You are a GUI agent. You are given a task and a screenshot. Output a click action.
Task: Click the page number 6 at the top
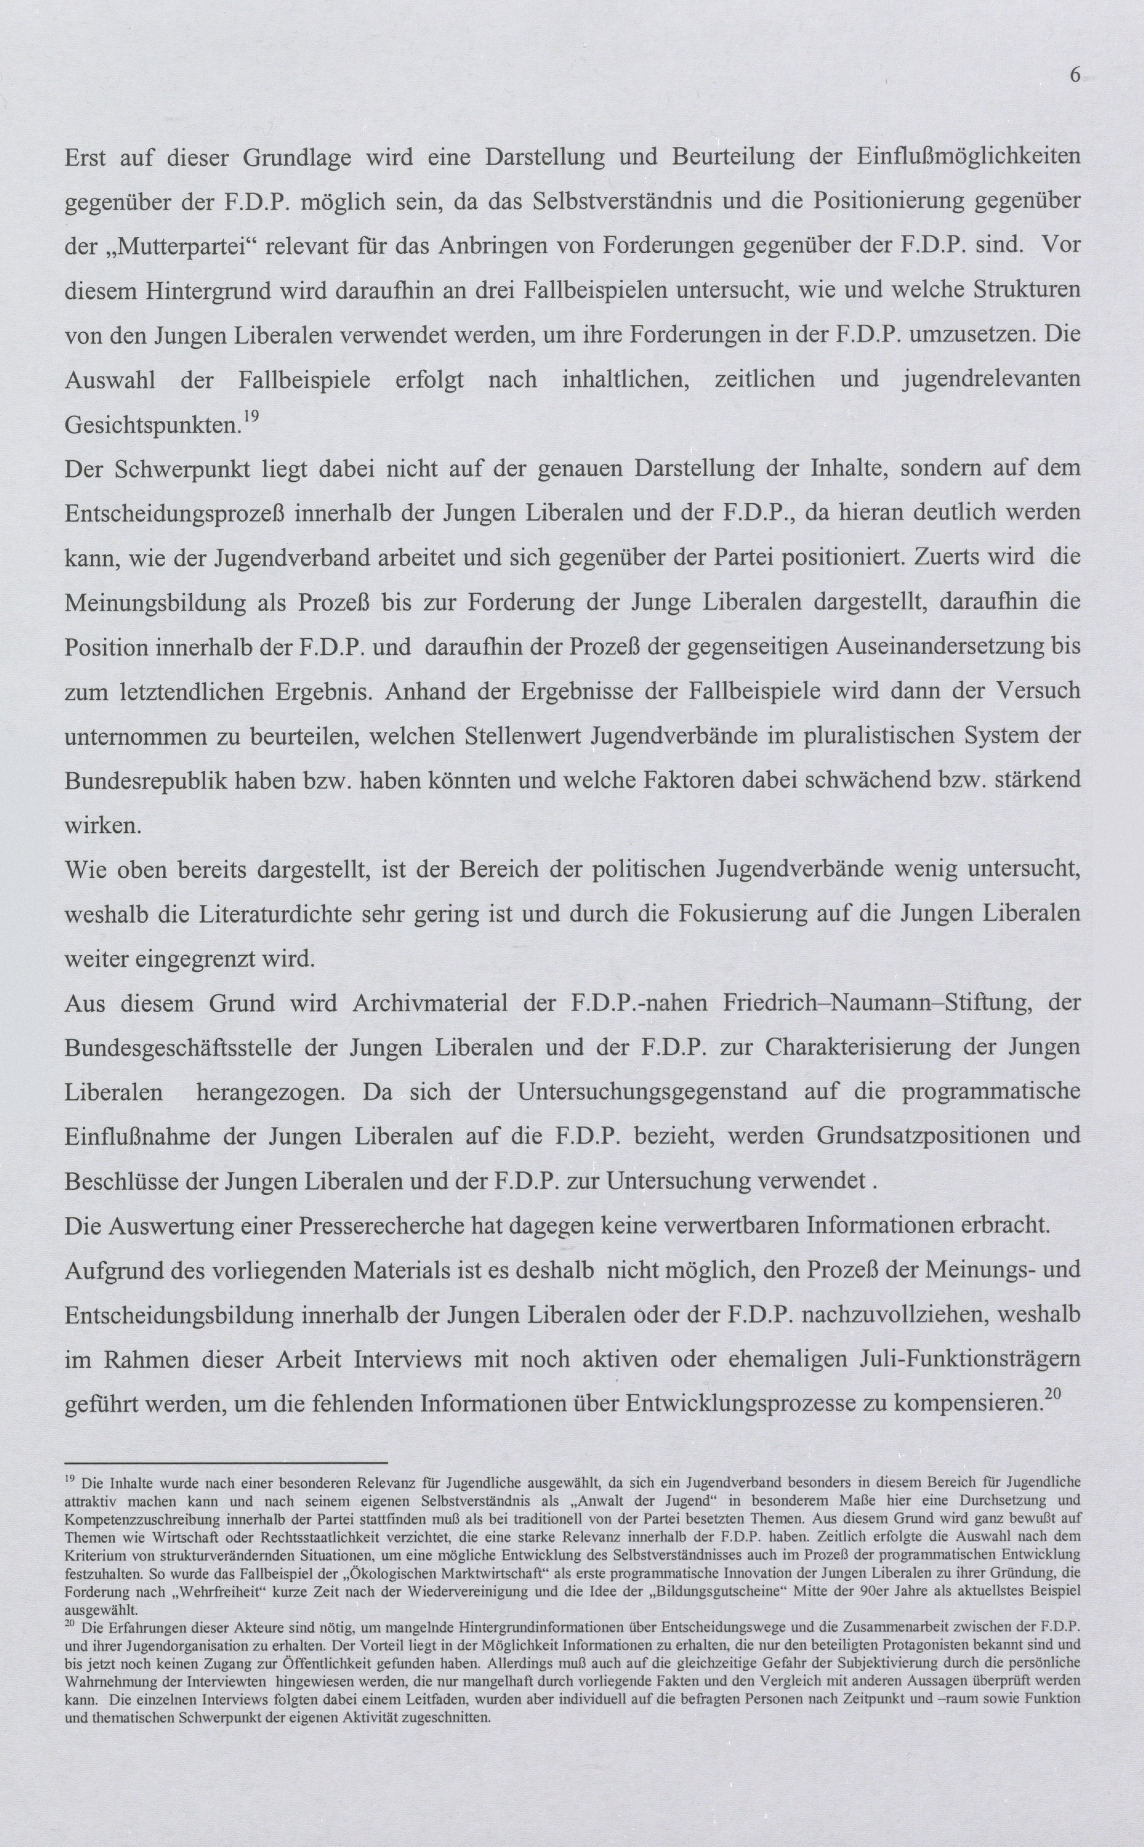coord(1075,75)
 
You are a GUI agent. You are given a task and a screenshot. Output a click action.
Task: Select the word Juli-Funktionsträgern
coord(959,1360)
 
